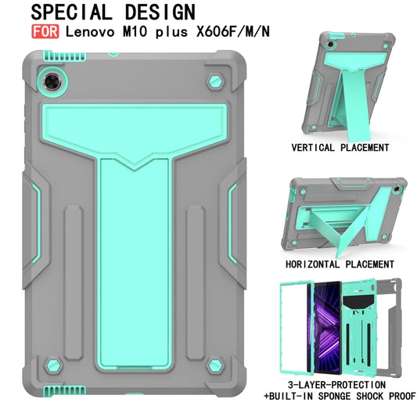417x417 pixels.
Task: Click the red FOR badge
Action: pos(45,34)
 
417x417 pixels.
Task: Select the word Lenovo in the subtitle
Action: pos(88,34)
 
